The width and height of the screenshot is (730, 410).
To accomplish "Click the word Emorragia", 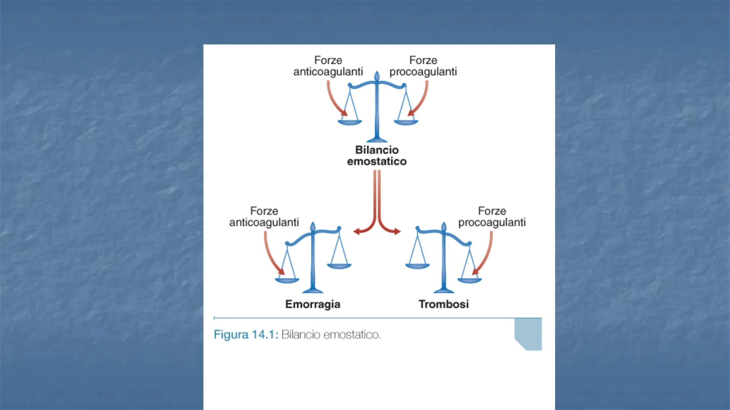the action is click(x=313, y=304).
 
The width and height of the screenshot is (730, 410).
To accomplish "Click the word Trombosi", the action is click(x=444, y=304).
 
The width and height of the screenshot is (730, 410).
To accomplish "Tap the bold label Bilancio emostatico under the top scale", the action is click(x=377, y=156).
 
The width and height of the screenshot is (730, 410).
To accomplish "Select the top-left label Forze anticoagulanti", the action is click(x=328, y=66).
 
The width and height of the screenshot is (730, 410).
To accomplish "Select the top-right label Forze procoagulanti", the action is click(x=423, y=66).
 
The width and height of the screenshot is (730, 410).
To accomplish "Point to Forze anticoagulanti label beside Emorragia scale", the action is click(x=264, y=217).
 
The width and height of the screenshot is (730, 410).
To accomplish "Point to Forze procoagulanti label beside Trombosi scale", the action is click(x=492, y=217).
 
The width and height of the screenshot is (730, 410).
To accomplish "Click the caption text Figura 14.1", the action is click(x=246, y=334).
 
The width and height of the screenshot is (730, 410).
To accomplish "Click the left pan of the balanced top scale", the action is click(x=350, y=122).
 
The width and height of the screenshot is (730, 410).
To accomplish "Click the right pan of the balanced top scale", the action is click(x=406, y=122).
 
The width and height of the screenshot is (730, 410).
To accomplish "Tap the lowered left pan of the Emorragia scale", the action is click(x=287, y=281).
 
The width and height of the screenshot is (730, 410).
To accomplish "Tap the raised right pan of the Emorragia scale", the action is click(x=339, y=266).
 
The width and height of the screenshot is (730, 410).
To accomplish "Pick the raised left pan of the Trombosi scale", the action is click(x=417, y=266).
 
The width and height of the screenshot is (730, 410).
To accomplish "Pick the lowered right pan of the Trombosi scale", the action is click(x=470, y=281).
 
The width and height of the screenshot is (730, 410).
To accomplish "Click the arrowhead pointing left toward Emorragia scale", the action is click(x=356, y=231).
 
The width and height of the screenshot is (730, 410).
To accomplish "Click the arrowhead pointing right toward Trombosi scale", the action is click(x=398, y=231).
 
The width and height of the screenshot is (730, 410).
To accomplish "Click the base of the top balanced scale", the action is click(x=377, y=139).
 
